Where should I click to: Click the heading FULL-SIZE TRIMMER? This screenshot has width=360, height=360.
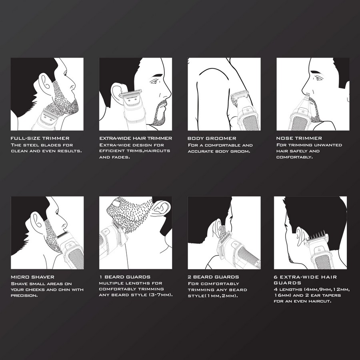(x=40, y=138)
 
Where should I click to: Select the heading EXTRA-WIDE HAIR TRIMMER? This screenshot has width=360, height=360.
(x=136, y=138)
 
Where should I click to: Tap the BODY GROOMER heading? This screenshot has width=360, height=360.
(x=212, y=138)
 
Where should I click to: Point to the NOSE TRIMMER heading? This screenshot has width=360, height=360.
(x=299, y=138)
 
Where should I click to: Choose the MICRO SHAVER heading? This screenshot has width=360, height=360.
(x=32, y=277)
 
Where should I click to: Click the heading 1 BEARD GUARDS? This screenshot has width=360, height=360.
(x=125, y=277)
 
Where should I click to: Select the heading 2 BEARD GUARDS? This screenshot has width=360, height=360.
(x=213, y=277)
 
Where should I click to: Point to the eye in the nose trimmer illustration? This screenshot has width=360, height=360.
(x=319, y=78)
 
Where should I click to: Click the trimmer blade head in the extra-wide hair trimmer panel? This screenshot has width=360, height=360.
(x=130, y=94)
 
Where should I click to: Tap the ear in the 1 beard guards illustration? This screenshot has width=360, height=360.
(x=162, y=207)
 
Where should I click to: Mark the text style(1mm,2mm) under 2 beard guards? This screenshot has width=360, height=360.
(x=213, y=296)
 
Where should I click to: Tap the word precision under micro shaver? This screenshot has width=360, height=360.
(x=24, y=296)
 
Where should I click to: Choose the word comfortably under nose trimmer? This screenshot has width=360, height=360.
(x=294, y=157)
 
